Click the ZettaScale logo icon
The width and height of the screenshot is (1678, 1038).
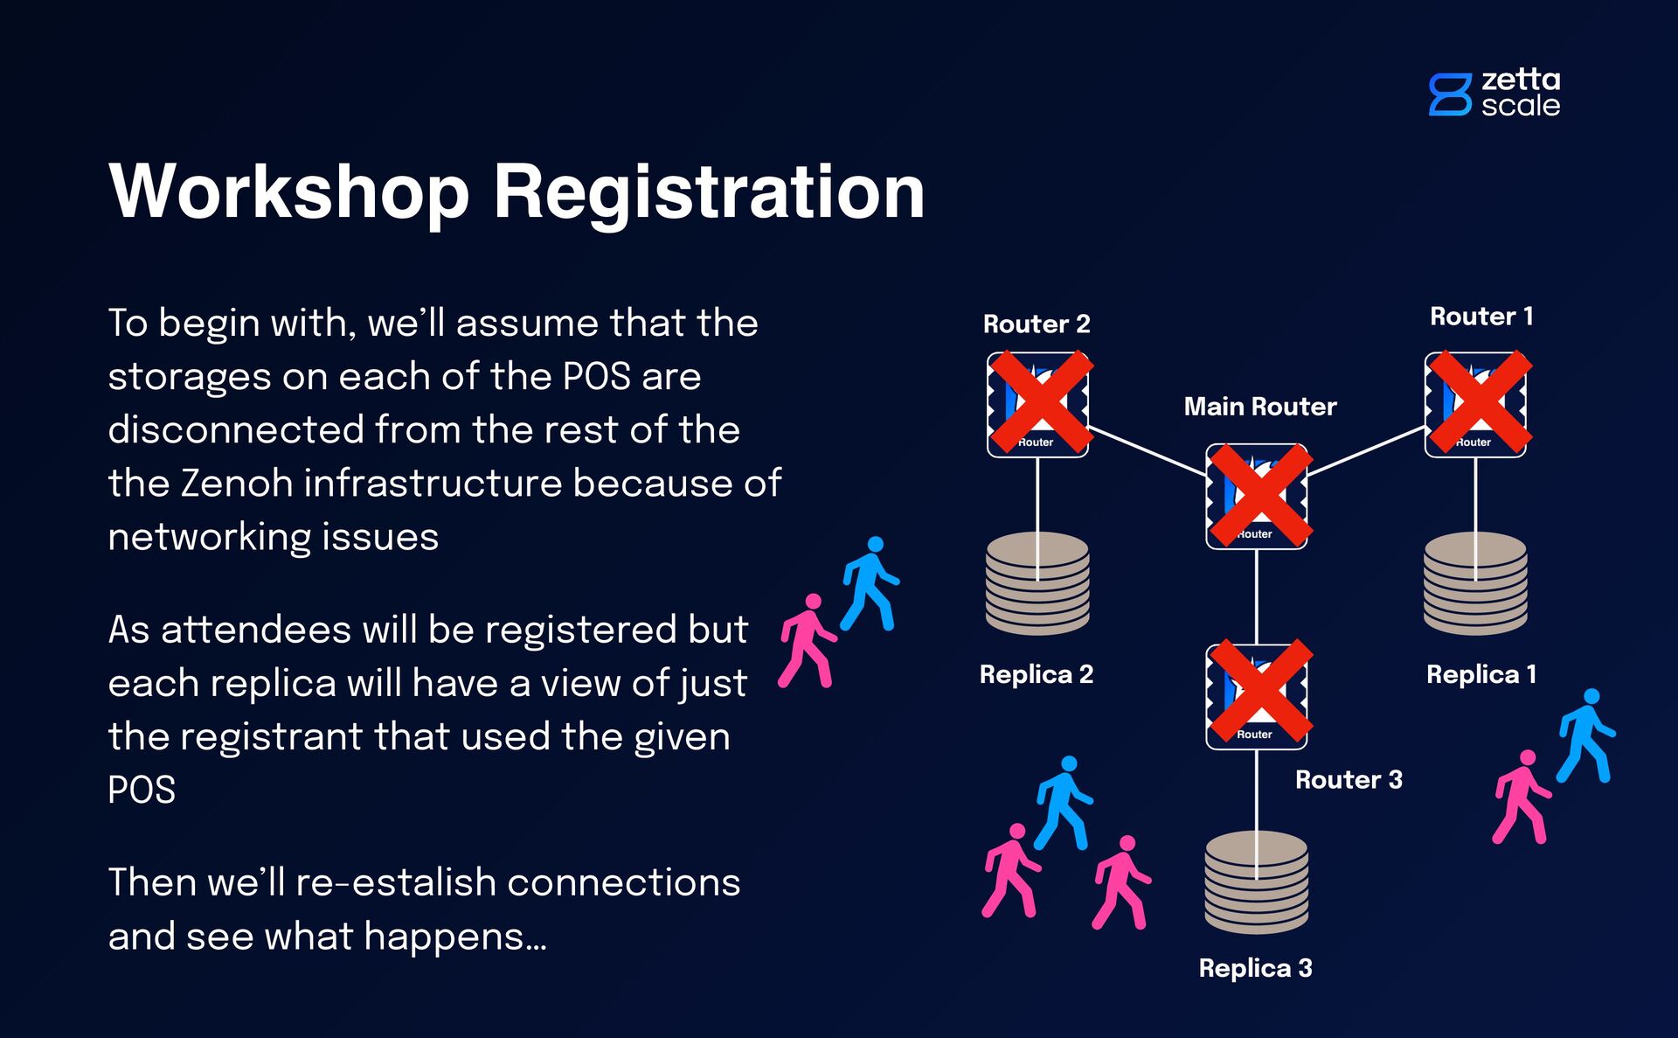(1450, 94)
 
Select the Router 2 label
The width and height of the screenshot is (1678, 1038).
(1037, 324)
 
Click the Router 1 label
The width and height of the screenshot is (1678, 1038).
(1481, 317)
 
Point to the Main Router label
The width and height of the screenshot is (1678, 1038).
(1260, 407)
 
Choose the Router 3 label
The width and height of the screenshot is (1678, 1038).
(1349, 780)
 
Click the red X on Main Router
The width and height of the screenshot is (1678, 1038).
(1258, 496)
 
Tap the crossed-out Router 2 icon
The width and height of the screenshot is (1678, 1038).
(1038, 404)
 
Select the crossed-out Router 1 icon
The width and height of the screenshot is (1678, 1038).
(1476, 404)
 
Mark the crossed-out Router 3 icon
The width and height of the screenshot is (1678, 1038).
(1258, 696)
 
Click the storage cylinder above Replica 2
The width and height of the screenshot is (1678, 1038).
(1037, 584)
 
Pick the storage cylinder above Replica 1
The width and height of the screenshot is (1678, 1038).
(1475, 584)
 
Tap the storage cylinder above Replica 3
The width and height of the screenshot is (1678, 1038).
(1257, 883)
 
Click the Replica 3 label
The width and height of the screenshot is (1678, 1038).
(1255, 968)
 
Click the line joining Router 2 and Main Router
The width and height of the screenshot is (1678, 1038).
(1147, 451)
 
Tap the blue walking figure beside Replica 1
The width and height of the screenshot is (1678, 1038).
(1585, 736)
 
